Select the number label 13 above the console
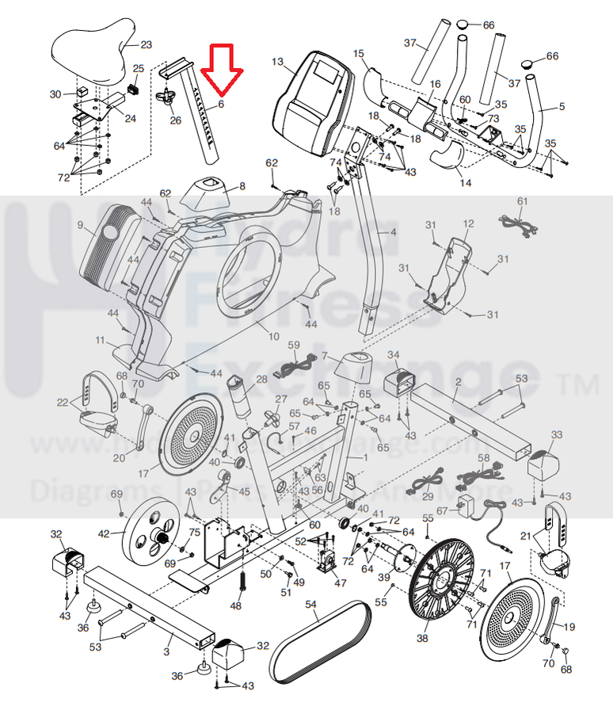[276, 61]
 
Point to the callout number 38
[422, 637]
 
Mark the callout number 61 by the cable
[522, 201]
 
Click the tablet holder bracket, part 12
[447, 269]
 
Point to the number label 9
[80, 225]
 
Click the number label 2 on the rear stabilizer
[458, 383]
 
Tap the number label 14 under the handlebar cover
[465, 183]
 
